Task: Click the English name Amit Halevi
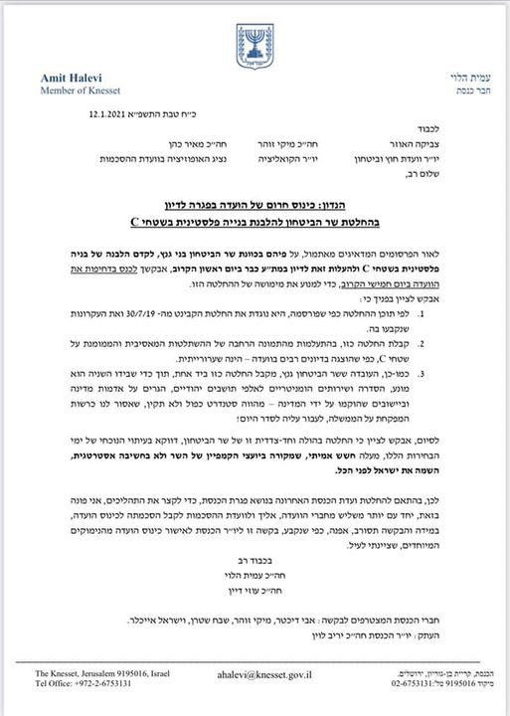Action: (72, 78)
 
